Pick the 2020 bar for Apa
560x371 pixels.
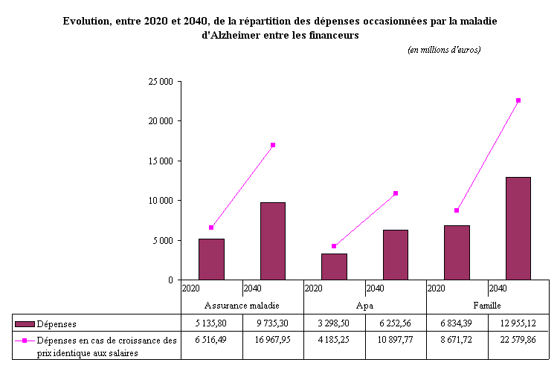[334, 266]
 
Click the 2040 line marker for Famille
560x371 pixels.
[518, 100]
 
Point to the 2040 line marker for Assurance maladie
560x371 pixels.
[273, 145]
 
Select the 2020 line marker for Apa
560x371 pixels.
[334, 246]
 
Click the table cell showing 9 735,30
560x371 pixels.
[272, 323]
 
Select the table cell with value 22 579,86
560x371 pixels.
[518, 341]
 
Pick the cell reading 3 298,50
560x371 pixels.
[334, 323]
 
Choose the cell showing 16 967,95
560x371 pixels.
[272, 341]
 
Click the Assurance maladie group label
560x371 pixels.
[242, 306]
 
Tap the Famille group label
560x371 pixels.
[487, 306]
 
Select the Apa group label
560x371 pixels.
[364, 306]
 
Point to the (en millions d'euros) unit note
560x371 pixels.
[444, 50]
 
